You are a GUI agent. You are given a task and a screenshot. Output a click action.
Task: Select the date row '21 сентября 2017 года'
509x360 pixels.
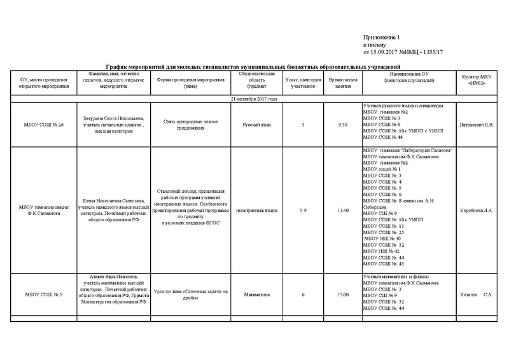(254, 99)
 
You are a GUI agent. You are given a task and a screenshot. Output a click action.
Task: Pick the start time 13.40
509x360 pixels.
(344, 209)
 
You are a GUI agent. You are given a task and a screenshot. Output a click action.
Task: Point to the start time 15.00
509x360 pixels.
(344, 294)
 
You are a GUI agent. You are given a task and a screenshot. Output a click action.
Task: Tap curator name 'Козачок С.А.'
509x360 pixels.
(477, 294)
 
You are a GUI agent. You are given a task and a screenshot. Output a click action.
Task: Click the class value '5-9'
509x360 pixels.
(303, 209)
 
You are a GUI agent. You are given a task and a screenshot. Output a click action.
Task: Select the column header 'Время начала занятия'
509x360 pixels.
(344, 82)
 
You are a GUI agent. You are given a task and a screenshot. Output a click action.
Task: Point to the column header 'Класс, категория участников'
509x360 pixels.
(303, 82)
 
